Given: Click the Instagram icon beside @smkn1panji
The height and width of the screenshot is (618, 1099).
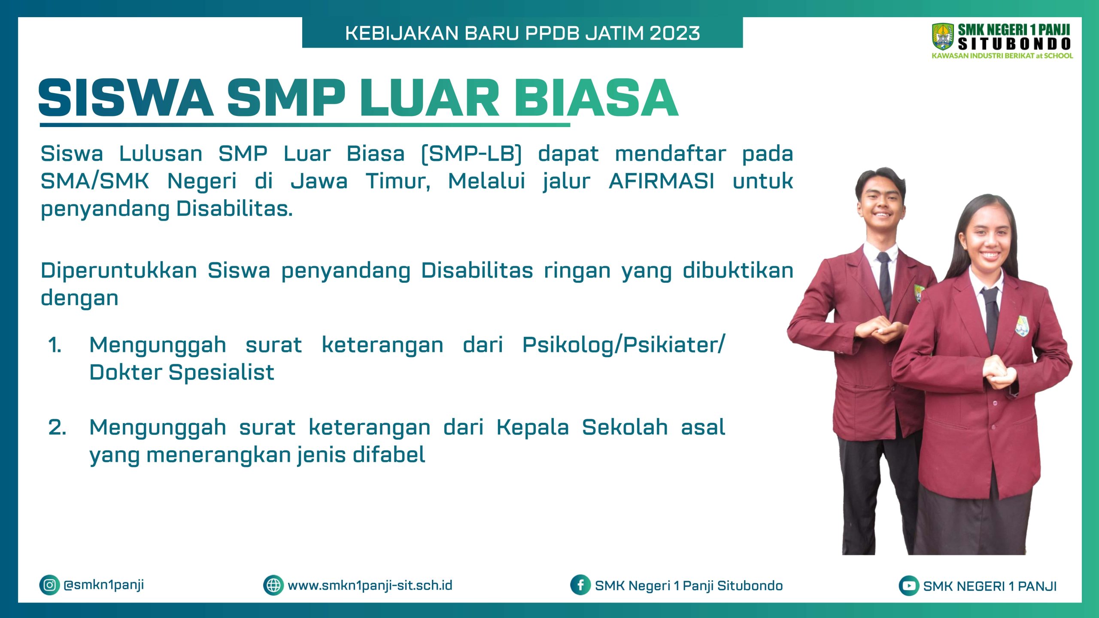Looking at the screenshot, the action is (49, 585).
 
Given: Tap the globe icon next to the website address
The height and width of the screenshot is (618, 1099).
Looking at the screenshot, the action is (273, 585).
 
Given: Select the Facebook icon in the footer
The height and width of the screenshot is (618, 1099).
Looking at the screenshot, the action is (580, 585).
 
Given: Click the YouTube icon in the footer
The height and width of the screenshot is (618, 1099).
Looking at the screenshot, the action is (909, 586).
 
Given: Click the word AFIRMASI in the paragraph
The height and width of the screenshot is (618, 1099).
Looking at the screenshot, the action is (662, 181).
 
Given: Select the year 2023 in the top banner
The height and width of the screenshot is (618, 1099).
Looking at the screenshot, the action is (675, 33).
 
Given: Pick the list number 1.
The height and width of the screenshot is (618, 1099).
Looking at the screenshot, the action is (55, 345).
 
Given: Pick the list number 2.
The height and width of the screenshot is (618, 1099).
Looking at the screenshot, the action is (57, 427).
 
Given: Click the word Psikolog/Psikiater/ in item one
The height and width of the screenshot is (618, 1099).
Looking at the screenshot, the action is (623, 345).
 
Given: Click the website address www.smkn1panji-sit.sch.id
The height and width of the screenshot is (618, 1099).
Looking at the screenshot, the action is (370, 586).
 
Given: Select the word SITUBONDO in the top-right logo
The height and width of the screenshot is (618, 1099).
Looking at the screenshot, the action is (1014, 44).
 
